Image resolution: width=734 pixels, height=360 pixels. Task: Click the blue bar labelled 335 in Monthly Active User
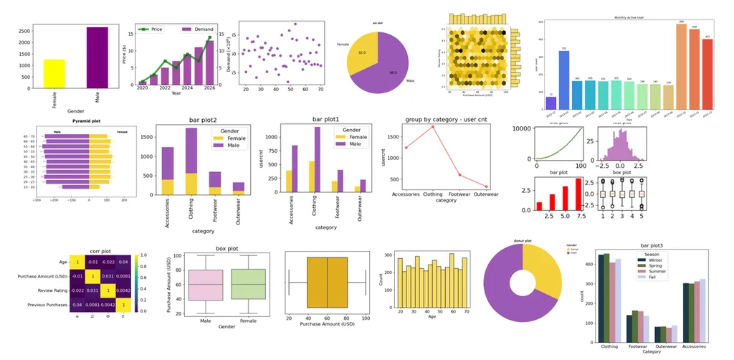(x=563, y=80)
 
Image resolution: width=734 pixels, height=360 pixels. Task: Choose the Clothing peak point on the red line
(x=433, y=127)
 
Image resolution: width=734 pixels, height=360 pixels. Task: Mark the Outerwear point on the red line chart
(x=486, y=186)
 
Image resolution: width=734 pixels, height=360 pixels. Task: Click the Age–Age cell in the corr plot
(x=78, y=262)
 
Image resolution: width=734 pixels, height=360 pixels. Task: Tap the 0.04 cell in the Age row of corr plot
(x=123, y=262)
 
